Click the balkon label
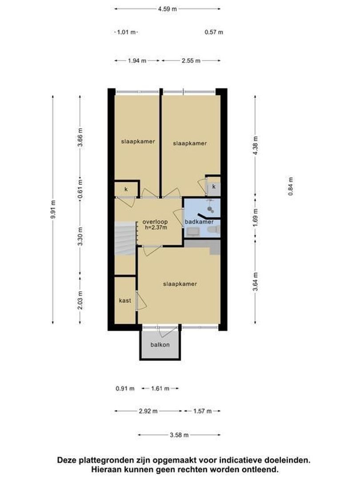160,345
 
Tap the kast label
125,300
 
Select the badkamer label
199,222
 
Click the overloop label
155,222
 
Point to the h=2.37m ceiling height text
156,228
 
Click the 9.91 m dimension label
53,209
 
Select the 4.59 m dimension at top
168,9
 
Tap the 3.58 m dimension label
179,435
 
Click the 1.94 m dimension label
137,60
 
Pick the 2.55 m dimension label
191,60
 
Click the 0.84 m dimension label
291,186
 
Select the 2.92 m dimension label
148,411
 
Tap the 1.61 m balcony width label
160,388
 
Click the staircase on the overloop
125,239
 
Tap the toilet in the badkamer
213,230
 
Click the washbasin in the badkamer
192,232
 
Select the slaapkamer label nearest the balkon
180,284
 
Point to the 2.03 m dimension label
80,300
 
